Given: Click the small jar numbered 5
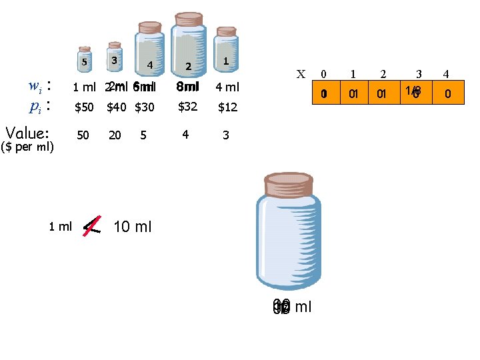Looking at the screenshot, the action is (x=84, y=59).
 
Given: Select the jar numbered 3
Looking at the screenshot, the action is (x=115, y=55).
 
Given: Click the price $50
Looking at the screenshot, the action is (x=84, y=107).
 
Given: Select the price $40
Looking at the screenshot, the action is (x=115, y=107).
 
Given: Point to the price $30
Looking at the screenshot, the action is (x=144, y=107).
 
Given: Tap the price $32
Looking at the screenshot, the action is (x=187, y=105).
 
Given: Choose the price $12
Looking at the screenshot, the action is (x=227, y=107).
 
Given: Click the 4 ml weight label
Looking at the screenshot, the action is (x=227, y=87).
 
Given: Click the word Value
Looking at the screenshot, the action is (x=27, y=133).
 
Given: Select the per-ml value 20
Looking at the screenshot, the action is (x=115, y=135).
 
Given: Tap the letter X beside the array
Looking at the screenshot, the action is (x=301, y=74).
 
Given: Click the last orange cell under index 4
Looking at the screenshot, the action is (x=447, y=94).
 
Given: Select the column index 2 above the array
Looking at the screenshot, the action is (x=383, y=74).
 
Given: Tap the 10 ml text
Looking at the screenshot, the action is (x=133, y=227).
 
